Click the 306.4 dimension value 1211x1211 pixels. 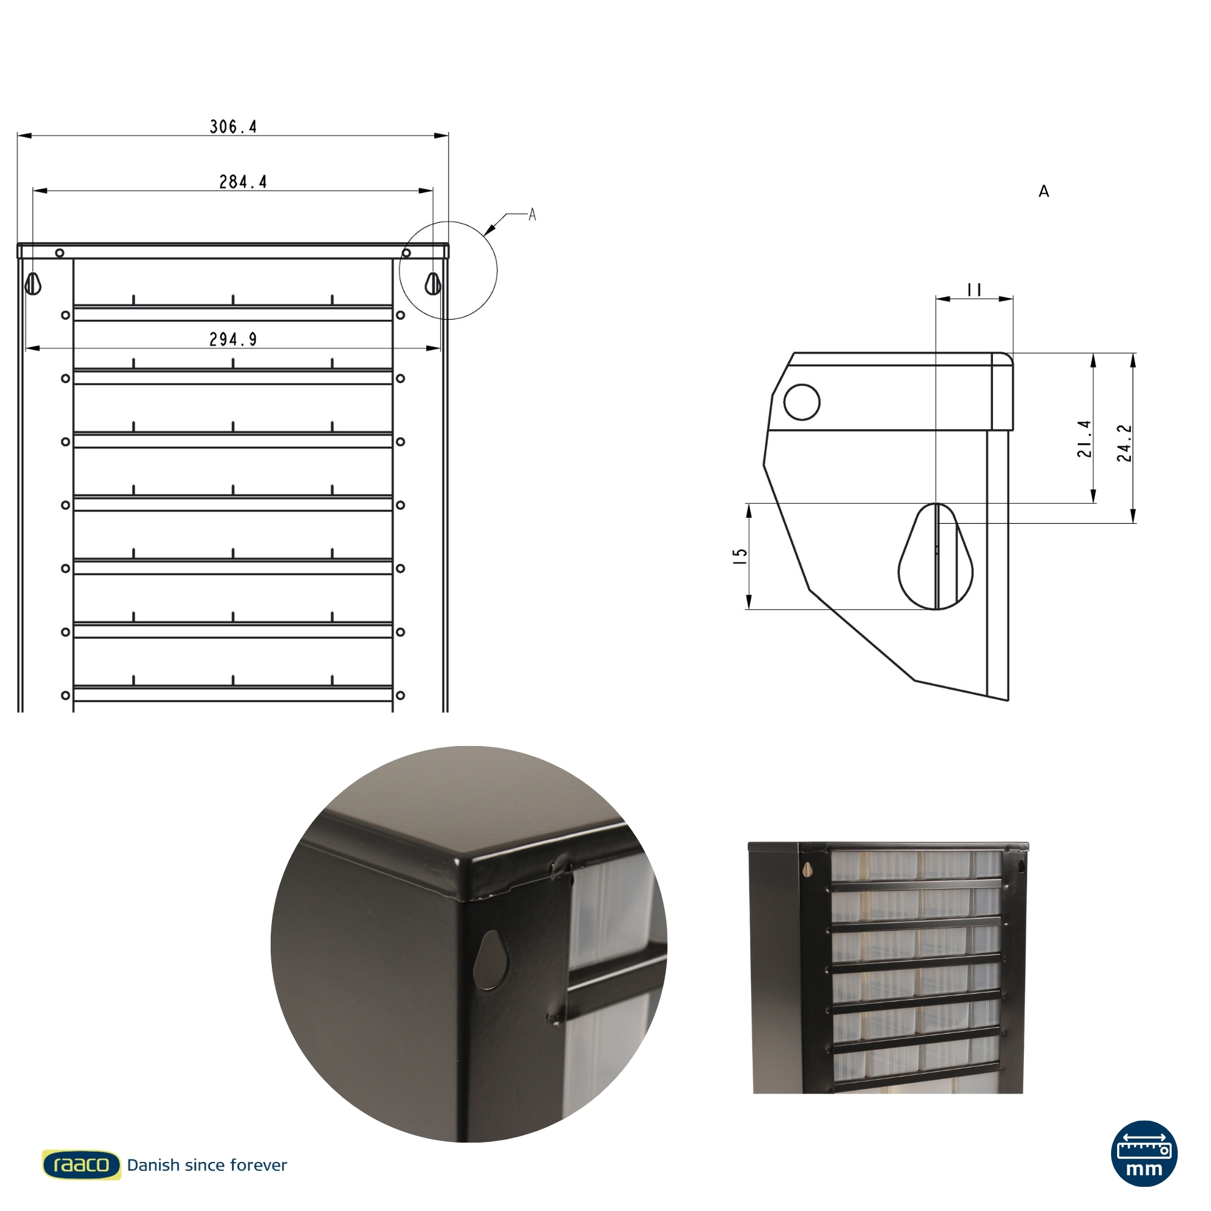[x=233, y=127]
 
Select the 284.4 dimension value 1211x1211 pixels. [x=243, y=182]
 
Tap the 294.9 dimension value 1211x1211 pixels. [x=233, y=340]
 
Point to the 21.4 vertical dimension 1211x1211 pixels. [x=1084, y=438]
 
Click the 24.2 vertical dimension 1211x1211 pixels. [x=1124, y=443]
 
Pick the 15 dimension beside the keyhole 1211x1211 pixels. [x=741, y=556]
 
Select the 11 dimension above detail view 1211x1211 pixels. [x=974, y=289]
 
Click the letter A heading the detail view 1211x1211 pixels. [x=1044, y=191]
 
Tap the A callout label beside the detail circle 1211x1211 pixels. [x=532, y=215]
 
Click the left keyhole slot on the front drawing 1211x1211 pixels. [x=33, y=283]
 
